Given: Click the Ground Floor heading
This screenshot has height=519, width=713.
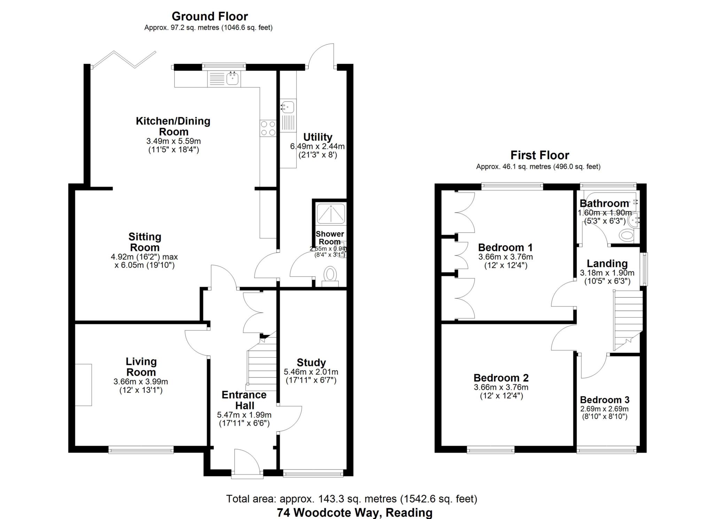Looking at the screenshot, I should (x=210, y=16).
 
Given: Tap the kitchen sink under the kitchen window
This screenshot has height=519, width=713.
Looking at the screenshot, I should (x=232, y=78).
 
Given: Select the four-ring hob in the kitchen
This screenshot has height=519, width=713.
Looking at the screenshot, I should (x=268, y=128).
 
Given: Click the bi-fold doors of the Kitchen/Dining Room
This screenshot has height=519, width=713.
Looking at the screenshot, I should (x=124, y=59).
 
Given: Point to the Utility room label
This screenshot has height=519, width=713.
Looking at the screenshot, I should (x=318, y=137).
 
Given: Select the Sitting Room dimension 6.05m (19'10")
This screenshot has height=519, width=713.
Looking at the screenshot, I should (x=144, y=265).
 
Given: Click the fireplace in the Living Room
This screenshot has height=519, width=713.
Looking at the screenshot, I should (x=84, y=385).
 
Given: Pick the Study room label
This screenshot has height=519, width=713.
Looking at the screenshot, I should (x=311, y=362).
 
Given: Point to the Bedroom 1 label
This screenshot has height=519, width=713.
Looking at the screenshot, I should (x=505, y=247).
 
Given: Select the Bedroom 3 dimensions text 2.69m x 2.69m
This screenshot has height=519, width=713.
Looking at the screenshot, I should (x=604, y=409).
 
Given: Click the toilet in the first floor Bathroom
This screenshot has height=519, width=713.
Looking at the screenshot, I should (x=627, y=235).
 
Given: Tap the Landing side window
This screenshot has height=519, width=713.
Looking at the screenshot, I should (x=645, y=269).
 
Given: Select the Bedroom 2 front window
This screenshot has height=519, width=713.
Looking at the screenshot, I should (x=491, y=450).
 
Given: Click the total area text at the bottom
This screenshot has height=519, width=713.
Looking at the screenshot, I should (x=352, y=499).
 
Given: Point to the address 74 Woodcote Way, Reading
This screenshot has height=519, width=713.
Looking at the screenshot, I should (x=354, y=513).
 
